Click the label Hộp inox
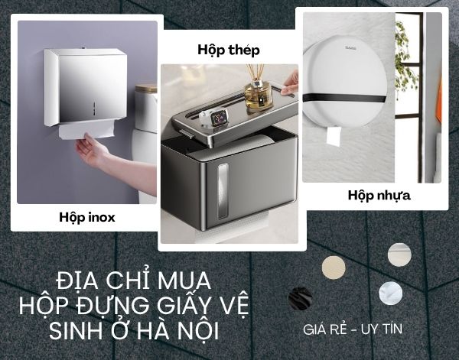[86, 217]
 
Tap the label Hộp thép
[229, 50]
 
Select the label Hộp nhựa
[379, 195]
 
